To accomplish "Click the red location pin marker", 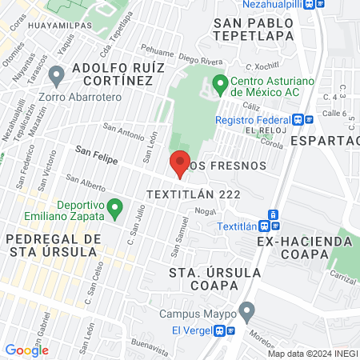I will click(x=180, y=163).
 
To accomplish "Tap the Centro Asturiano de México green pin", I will click(x=221, y=82).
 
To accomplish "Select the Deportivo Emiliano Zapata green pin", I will click(x=115, y=210).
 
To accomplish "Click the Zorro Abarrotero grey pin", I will click(x=56, y=77).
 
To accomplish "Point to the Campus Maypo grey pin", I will click(x=247, y=310).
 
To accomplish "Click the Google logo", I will click(x=26, y=350).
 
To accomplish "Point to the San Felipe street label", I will click(x=96, y=154).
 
